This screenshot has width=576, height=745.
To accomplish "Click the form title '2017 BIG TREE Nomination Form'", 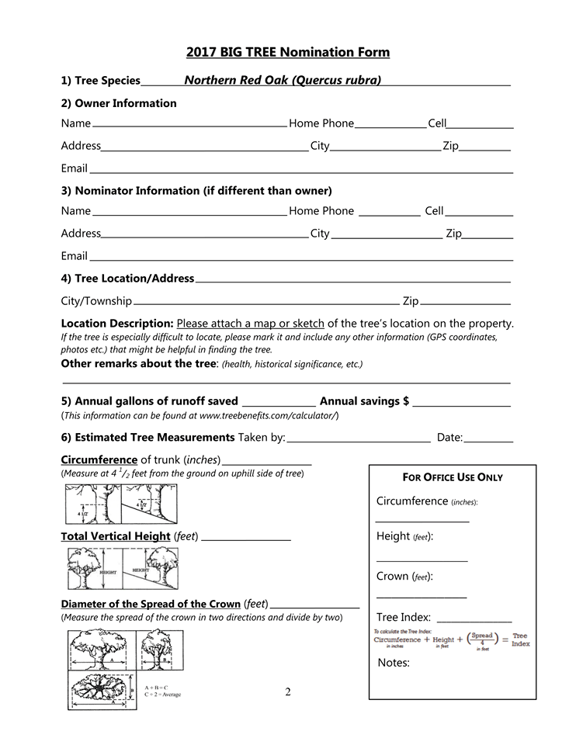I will [287, 53].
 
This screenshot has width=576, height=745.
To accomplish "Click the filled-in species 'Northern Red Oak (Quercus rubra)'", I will [283, 80].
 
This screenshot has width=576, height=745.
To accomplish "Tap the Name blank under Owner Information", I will [189, 124].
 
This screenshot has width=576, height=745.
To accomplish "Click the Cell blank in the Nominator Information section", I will [479, 212].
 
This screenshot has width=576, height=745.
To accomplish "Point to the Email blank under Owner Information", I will [300, 169].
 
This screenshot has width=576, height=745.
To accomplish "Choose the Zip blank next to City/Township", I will [465, 302].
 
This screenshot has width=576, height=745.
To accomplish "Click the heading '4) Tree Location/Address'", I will [127, 279].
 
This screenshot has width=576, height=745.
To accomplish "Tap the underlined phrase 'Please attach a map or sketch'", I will [251, 323].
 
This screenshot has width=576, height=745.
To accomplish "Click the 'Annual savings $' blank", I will [461, 402].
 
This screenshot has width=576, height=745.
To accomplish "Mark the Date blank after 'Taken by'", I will [488, 439].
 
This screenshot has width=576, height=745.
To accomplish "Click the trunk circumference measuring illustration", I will [120, 504].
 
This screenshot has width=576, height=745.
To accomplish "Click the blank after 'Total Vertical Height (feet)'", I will [246, 537].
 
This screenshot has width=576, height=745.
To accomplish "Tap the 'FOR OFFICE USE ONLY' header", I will [453, 477].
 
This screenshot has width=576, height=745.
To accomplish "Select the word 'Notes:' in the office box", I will [394, 662].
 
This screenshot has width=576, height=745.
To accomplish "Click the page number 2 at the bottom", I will [287, 691].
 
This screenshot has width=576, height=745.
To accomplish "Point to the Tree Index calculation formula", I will [452, 639].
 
